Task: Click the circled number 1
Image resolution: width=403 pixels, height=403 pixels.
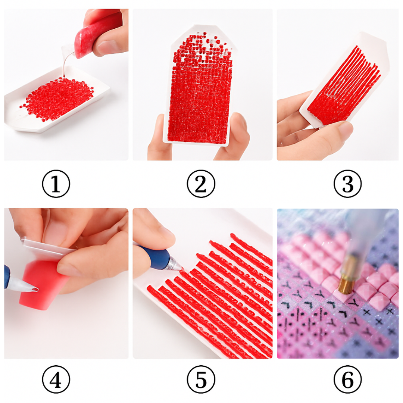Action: pos(56,184)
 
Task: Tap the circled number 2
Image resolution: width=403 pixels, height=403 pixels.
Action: pos(201,184)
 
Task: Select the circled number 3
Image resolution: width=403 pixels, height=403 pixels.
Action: pos(347,184)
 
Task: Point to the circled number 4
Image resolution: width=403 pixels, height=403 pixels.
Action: pos(56,379)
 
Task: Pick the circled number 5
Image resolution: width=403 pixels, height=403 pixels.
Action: pos(201,379)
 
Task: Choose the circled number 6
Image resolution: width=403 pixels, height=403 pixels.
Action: pos(347,379)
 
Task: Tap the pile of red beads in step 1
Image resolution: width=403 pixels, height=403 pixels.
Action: pos(57,99)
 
